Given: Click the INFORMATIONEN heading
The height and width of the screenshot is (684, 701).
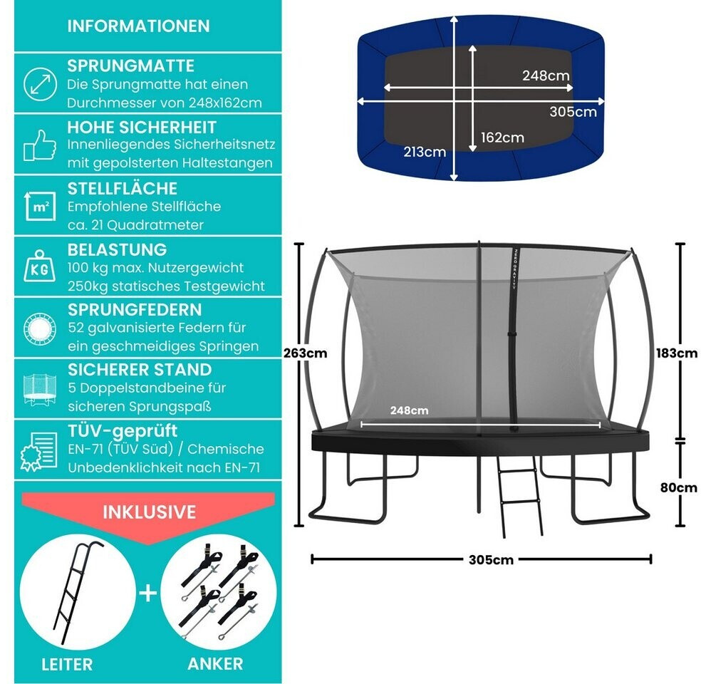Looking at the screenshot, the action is pyautogui.click(x=138, y=26).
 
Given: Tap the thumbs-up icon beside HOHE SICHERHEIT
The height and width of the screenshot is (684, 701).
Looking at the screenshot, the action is pyautogui.click(x=40, y=145).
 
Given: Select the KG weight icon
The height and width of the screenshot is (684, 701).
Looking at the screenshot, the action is pyautogui.click(x=40, y=267).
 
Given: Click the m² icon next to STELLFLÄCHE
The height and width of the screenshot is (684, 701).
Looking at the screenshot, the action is pyautogui.click(x=40, y=207).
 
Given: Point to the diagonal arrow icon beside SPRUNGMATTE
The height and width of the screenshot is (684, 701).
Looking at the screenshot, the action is pyautogui.click(x=40, y=84).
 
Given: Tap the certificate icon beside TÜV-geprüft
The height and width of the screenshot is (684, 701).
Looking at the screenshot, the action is pyautogui.click(x=40, y=450).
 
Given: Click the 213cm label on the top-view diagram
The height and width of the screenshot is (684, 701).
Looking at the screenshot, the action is pyautogui.click(x=425, y=152).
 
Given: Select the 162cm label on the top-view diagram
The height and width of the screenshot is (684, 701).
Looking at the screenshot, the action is pyautogui.click(x=502, y=138).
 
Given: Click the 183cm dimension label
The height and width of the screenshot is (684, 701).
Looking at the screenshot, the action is pyautogui.click(x=677, y=353).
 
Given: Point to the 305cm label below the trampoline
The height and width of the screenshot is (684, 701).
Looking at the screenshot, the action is pyautogui.click(x=491, y=560).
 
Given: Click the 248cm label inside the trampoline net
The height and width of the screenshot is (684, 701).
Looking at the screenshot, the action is pyautogui.click(x=409, y=410).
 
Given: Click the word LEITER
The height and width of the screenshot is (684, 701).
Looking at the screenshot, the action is pyautogui.click(x=67, y=664).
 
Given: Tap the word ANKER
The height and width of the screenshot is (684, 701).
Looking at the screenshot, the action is pyautogui.click(x=215, y=664).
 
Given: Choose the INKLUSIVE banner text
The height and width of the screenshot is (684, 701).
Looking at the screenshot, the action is pyautogui.click(x=149, y=512).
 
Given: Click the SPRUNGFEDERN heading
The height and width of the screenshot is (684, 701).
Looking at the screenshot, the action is pyautogui.click(x=135, y=310).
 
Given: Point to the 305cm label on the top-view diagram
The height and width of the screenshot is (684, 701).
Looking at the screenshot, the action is pyautogui.click(x=573, y=112).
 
